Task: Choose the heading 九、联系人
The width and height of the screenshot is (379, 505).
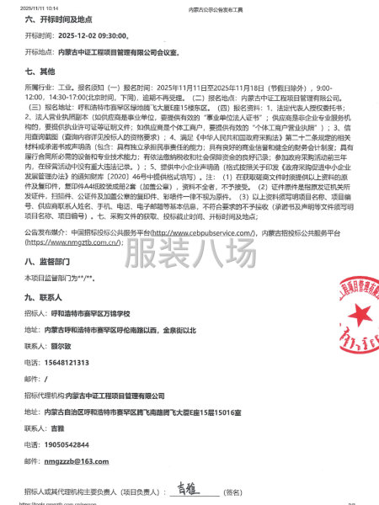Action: click(41, 297)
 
